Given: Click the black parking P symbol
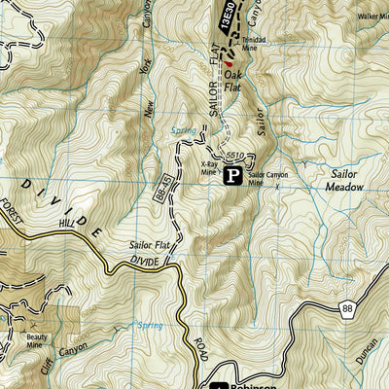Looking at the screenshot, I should (233, 176).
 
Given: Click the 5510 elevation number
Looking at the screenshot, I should (232, 154).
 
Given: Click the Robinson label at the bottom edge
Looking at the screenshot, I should (252, 383).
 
